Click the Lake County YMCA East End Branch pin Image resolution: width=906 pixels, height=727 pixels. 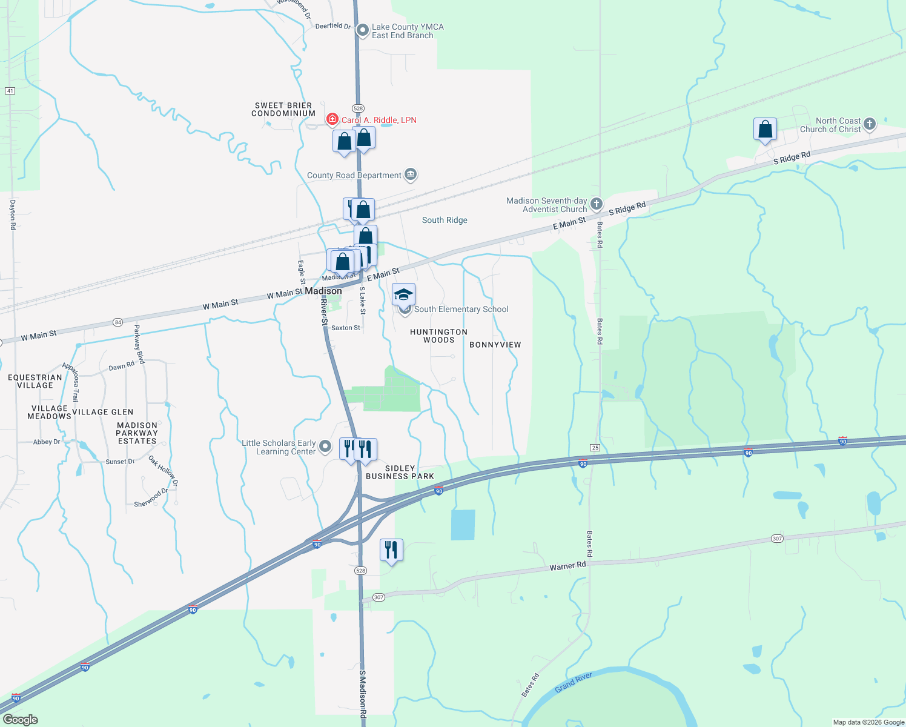point(362,30)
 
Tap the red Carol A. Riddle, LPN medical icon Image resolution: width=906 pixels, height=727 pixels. point(332,119)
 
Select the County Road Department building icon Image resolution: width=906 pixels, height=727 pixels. point(411,175)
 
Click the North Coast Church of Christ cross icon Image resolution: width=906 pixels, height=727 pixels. point(870,124)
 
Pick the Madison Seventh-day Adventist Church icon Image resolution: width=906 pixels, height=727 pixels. point(596,204)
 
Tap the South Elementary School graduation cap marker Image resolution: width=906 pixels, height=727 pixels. point(404,295)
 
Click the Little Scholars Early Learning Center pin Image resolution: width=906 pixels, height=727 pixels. point(325,447)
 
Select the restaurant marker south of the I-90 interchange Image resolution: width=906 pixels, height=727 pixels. point(391,550)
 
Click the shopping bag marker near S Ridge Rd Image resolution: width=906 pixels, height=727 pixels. point(765,129)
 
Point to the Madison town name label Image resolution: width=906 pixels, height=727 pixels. point(323,291)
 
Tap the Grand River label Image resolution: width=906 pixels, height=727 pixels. point(574,682)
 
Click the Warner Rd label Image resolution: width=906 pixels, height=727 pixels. point(567,566)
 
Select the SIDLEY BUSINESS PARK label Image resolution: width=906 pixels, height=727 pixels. point(400,472)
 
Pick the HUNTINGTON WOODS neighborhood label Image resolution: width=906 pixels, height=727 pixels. point(438,336)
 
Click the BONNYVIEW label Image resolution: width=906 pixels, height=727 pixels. point(495,345)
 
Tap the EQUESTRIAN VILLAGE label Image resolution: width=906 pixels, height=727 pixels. point(35,381)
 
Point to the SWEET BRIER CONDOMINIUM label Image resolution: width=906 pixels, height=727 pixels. point(283,109)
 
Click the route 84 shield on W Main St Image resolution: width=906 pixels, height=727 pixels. point(117,322)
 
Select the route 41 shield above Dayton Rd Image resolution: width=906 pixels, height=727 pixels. point(10,91)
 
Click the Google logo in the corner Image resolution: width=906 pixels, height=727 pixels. point(20,720)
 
